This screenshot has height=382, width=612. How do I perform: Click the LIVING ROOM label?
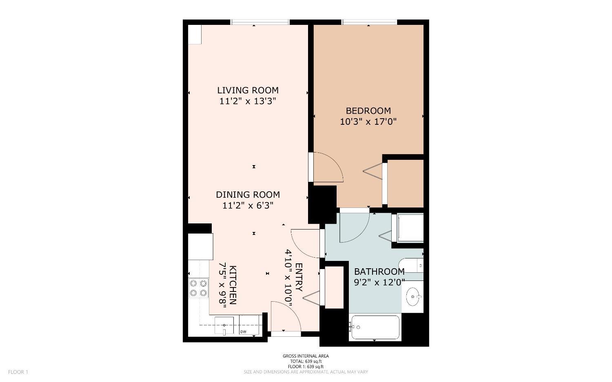[248, 90]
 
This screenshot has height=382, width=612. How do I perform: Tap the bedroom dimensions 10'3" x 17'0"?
[368, 121]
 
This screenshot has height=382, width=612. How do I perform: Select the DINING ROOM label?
[248, 194]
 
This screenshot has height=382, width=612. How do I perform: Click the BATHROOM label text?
[379, 272]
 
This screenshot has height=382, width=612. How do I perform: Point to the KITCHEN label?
[233, 285]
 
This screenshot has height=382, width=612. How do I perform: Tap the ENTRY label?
[299, 277]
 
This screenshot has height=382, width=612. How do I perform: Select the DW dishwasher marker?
[243, 331]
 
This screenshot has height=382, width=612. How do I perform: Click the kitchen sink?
[224, 326]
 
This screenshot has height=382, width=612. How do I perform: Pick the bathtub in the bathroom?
[375, 327]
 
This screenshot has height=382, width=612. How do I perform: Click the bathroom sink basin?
[412, 296]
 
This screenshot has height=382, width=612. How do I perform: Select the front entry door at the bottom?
[286, 317]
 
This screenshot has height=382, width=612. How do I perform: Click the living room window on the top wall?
[260, 22]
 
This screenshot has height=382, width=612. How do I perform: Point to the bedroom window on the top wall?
[369, 22]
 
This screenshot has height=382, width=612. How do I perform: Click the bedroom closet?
[405, 183]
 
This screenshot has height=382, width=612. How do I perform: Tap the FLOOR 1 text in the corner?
[18, 372]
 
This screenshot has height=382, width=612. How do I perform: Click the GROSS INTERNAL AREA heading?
[306, 356]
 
